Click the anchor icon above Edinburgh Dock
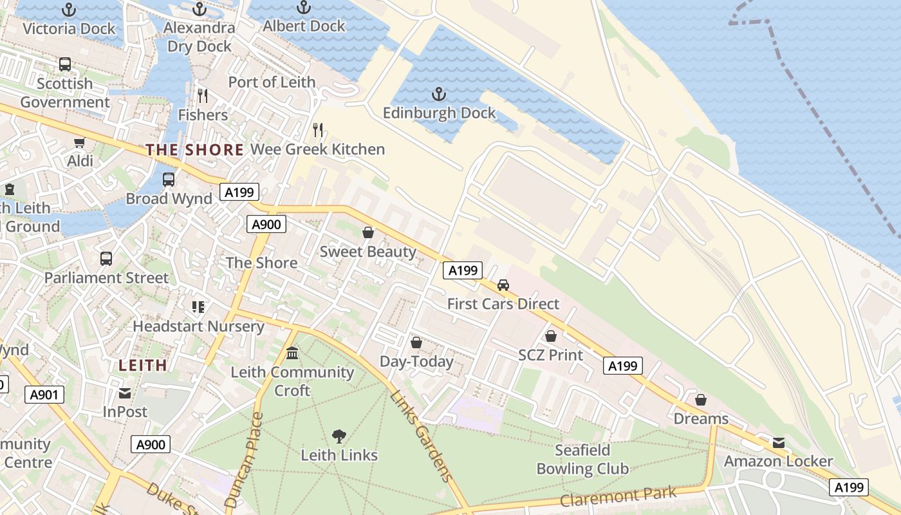tap(439, 95)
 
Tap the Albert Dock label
tap(304, 26)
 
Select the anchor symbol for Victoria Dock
tap(69, 10)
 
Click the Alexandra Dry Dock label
tap(199, 37)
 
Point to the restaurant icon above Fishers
tap(203, 96)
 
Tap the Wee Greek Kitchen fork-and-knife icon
tap(317, 130)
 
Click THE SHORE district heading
tap(194, 150)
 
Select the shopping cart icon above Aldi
tap(80, 142)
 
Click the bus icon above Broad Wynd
tap(169, 180)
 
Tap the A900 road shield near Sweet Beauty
tap(266, 224)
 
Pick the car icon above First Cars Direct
tap(503, 285)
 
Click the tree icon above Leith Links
tap(339, 436)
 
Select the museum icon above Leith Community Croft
tap(292, 353)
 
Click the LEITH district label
tap(143, 365)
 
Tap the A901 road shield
tap(44, 395)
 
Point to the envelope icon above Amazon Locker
tap(779, 443)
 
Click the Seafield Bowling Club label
tap(582, 459)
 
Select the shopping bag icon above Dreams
tap(701, 400)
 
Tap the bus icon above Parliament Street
tap(106, 259)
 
